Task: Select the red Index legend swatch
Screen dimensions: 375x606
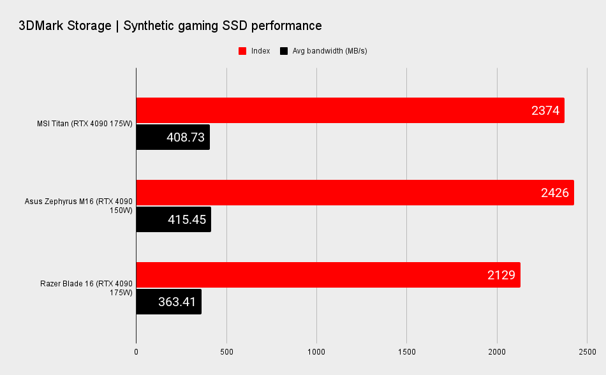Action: tap(242, 51)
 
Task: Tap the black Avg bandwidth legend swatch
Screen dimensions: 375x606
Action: tap(283, 51)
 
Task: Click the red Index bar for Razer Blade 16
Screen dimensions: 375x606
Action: tap(306, 275)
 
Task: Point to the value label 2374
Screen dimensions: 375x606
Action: tap(545, 111)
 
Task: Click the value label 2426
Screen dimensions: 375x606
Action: tap(554, 193)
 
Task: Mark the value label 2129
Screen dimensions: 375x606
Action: tap(501, 276)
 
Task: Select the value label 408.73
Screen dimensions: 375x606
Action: tap(186, 138)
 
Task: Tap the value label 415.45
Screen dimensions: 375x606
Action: tap(187, 220)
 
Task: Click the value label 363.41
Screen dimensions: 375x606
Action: tap(177, 302)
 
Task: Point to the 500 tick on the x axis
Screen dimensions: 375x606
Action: tap(226, 351)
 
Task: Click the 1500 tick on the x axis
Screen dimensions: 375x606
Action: tap(407, 351)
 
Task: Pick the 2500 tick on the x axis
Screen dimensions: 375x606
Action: tap(587, 351)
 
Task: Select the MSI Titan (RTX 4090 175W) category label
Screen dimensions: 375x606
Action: tap(84, 124)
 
